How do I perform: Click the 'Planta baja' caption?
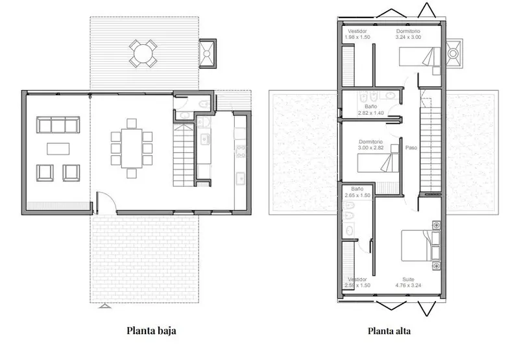click(x=151, y=331)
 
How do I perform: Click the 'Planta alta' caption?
click(x=389, y=331)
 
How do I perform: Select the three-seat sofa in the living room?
click(x=58, y=125)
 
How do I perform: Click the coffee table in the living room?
click(x=58, y=149)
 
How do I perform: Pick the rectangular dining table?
click(x=132, y=149)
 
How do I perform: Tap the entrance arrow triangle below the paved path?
click(x=104, y=306)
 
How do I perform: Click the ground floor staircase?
click(x=183, y=155)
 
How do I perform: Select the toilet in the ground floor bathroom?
click(x=204, y=104)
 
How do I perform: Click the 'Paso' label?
click(x=411, y=148)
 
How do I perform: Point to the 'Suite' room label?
click(x=408, y=280)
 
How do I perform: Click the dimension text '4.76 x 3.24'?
click(x=408, y=285)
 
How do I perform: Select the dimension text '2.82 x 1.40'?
click(x=370, y=113)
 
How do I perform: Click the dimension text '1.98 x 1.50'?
click(x=357, y=37)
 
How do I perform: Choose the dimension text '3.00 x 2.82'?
click(x=370, y=148)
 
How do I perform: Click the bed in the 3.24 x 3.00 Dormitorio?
click(x=419, y=56)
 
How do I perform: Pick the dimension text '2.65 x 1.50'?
click(x=357, y=195)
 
